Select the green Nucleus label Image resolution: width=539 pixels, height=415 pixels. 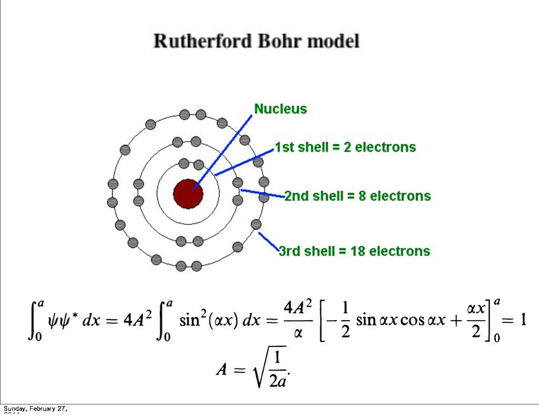pyautogui.click(x=281, y=109)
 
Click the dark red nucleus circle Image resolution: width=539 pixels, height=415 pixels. pyautogui.click(x=188, y=193)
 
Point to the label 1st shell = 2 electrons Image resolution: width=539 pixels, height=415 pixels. pyautogui.click(x=345, y=147)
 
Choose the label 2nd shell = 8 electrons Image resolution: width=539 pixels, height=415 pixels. pyautogui.click(x=358, y=196)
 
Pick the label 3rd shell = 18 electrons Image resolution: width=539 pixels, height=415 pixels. pyautogui.click(x=354, y=251)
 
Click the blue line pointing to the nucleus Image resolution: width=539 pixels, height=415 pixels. pyautogui.click(x=226, y=147)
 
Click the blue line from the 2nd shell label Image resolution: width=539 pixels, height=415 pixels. pyautogui.click(x=263, y=193)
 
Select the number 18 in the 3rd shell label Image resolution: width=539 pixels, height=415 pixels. pyautogui.click(x=358, y=251)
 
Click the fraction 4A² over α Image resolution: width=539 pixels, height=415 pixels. pyautogui.click(x=298, y=320)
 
